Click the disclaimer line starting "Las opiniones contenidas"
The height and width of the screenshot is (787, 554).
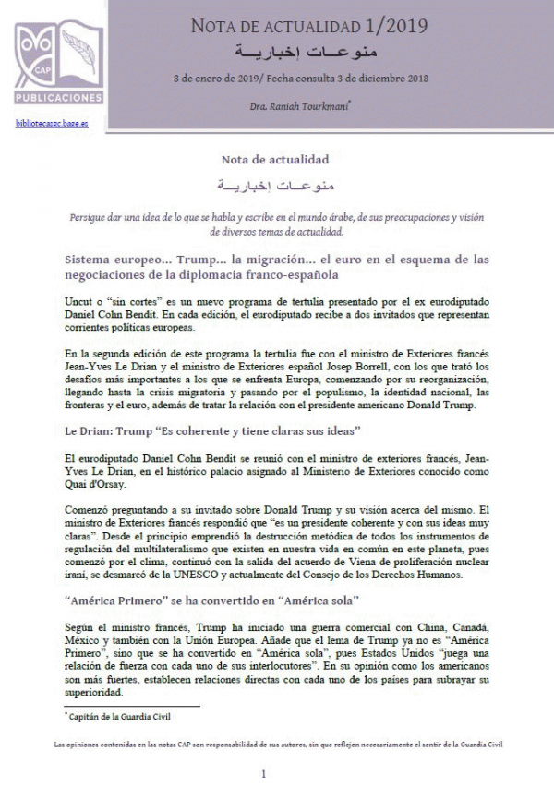[x=277, y=743]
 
